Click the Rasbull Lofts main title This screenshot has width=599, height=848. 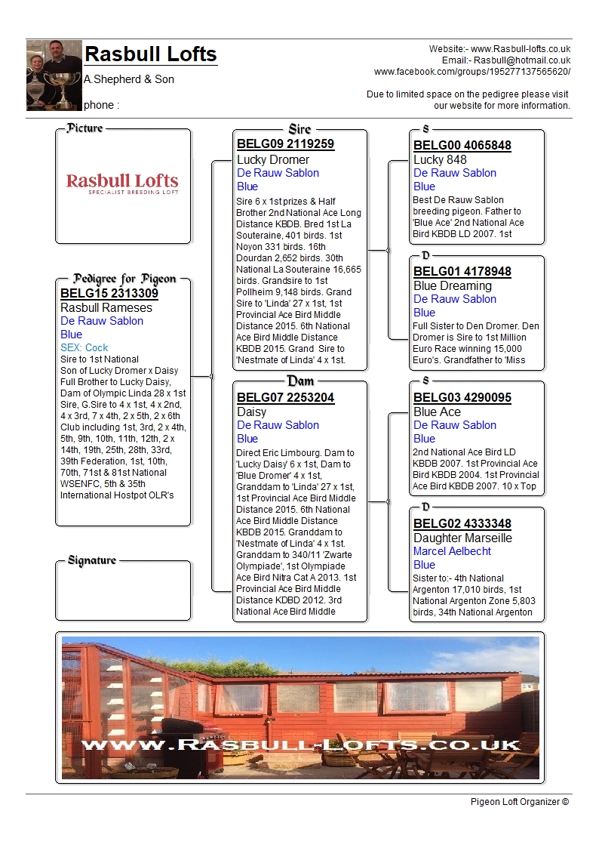[x=151, y=54]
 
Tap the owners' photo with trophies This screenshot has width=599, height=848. [x=54, y=76]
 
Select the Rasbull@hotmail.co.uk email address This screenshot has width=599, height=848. [x=521, y=60]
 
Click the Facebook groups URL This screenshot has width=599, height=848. [x=472, y=72]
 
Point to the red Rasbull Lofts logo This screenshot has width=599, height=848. [x=122, y=183]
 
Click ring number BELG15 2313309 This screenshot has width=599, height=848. [x=109, y=293]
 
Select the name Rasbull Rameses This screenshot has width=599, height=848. [x=106, y=307]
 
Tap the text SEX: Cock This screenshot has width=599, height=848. [x=84, y=347]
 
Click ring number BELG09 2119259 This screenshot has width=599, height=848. [x=285, y=144]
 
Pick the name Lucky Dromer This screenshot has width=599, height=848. [x=273, y=159]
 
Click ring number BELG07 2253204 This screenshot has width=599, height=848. [x=285, y=397]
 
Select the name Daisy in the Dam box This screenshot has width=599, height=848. [x=252, y=412]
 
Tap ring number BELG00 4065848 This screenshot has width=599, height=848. [x=462, y=146]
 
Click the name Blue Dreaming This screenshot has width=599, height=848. [x=453, y=285]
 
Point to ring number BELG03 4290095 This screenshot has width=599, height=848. [x=462, y=398]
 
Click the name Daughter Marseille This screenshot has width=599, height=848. [x=462, y=538]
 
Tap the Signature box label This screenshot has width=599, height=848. [x=92, y=560]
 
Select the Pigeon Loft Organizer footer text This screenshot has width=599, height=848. [x=520, y=801]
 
